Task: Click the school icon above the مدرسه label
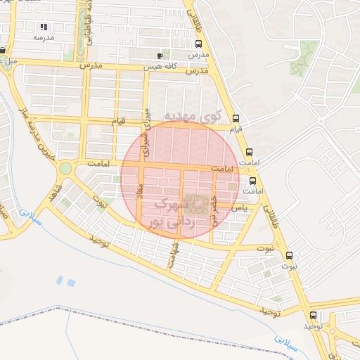pyautogui.click(x=44, y=27)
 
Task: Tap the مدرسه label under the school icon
pyautogui.click(x=44, y=37)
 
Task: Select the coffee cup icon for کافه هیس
pyautogui.click(x=160, y=56)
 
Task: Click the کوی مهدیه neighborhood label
pyautogui.click(x=192, y=115)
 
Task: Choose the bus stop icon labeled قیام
pyautogui.click(x=236, y=119)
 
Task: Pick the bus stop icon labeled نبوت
pyautogui.click(x=289, y=255)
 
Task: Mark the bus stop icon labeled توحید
pyautogui.click(x=313, y=315)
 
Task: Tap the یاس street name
pyautogui.click(x=240, y=207)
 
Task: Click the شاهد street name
pyautogui.click(x=53, y=191)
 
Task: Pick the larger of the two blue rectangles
pyautogui.click(x=71, y=282)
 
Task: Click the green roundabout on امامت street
pyautogui.click(x=65, y=169)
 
